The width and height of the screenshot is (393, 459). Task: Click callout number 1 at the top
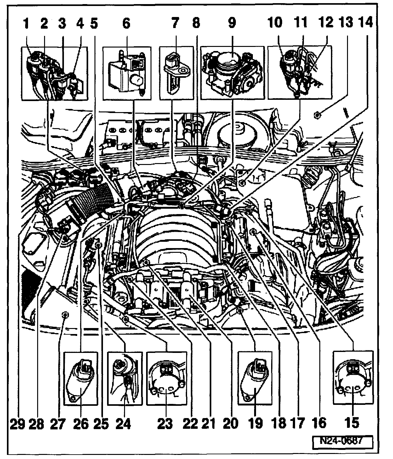point(27,23)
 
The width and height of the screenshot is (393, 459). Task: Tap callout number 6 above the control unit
point(126,23)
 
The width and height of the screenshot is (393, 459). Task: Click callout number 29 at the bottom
point(17,424)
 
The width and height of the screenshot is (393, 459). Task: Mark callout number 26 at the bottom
point(81,424)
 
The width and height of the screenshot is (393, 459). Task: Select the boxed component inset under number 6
point(127,73)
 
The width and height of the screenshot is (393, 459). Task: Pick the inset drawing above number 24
point(124,378)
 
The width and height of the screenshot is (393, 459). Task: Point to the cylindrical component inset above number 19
point(255,378)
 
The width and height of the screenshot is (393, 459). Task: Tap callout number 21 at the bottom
point(209,424)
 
